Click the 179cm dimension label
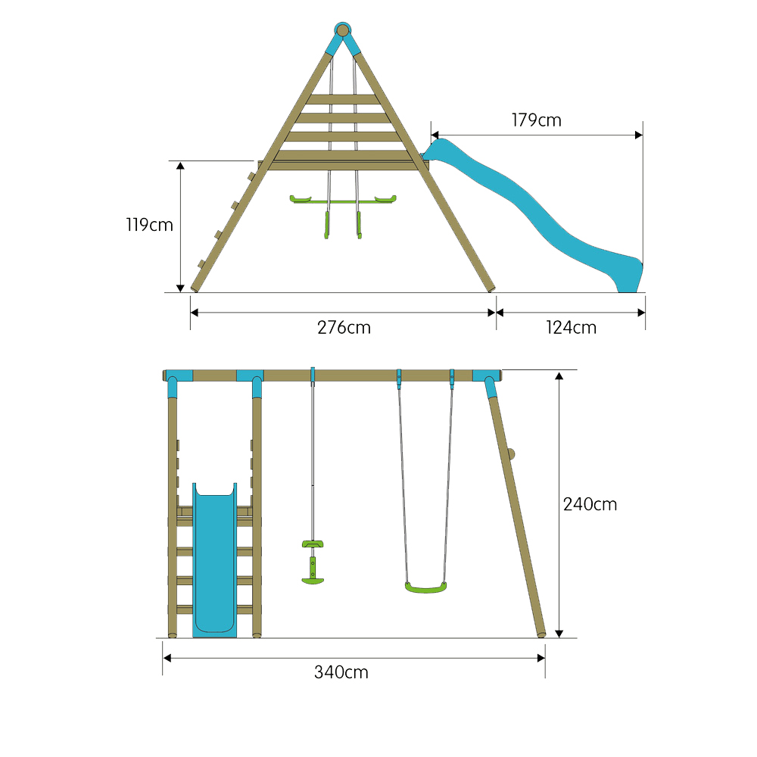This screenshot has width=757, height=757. (537, 120)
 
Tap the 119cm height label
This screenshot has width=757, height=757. (150, 225)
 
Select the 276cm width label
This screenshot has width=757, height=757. (344, 328)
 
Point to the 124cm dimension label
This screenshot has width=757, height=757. (571, 328)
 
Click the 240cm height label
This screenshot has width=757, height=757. (590, 504)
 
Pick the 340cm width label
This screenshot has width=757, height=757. (341, 672)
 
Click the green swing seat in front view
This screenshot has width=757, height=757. (425, 587)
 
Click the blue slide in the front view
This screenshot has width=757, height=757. (215, 560)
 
